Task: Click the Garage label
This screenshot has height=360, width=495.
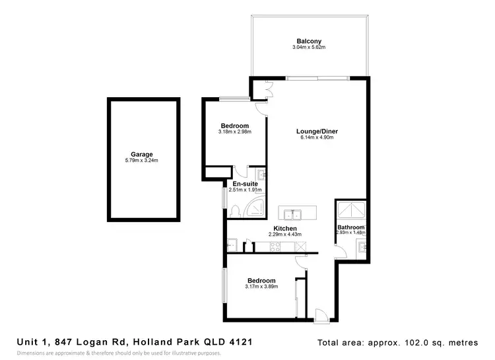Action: (x=141, y=154)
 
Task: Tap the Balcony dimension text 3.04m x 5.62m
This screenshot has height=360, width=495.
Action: (x=310, y=48)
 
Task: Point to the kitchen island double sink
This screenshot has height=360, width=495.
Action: (x=292, y=214)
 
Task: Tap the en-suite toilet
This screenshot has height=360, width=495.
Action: (x=236, y=211)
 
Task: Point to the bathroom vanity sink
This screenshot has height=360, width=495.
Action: (x=360, y=248)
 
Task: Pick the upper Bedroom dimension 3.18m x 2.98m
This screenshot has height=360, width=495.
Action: (x=234, y=132)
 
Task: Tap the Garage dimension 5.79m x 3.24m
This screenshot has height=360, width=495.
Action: (x=141, y=161)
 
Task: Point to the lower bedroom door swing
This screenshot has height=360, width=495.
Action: (x=301, y=261)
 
